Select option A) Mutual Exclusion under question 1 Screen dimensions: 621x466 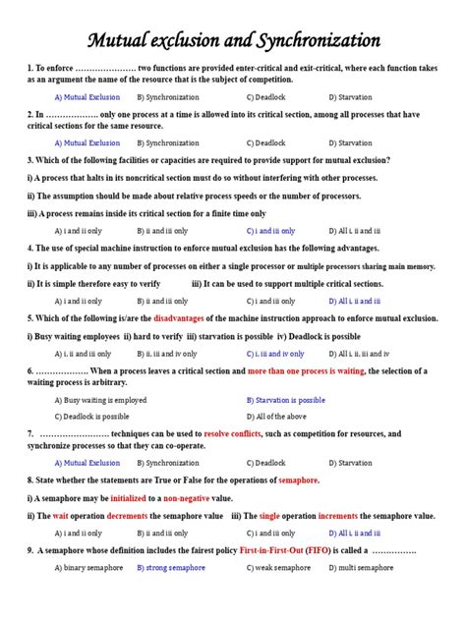point(87,97)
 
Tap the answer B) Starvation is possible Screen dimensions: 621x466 point(286,400)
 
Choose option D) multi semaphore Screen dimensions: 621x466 point(361,567)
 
